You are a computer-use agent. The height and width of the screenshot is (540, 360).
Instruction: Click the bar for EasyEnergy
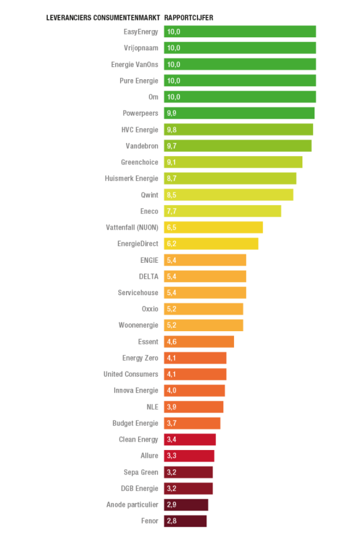point(240,31)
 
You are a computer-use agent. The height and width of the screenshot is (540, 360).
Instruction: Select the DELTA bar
point(205,277)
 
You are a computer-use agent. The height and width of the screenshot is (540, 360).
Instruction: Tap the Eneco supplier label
point(149,211)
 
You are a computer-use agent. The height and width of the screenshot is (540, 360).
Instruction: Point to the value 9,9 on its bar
point(172,113)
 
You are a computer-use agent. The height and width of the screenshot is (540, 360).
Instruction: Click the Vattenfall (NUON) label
point(131,227)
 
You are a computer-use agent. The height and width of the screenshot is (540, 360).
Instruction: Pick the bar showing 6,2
point(211,244)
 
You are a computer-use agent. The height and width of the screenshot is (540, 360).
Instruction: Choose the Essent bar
point(199,342)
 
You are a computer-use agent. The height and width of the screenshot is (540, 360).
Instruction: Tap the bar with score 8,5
point(229,195)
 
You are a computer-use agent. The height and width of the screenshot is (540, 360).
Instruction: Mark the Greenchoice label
point(140,162)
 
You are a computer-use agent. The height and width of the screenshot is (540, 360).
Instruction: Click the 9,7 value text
point(172,146)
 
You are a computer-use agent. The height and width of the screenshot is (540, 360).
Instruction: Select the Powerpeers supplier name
point(140,113)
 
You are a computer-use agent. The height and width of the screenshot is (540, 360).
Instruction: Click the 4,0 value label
point(172,391)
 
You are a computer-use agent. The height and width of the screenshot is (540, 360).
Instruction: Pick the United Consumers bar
point(195,374)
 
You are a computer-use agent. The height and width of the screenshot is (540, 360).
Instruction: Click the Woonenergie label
point(139,325)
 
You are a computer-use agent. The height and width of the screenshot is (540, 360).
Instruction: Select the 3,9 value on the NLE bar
point(172,407)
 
